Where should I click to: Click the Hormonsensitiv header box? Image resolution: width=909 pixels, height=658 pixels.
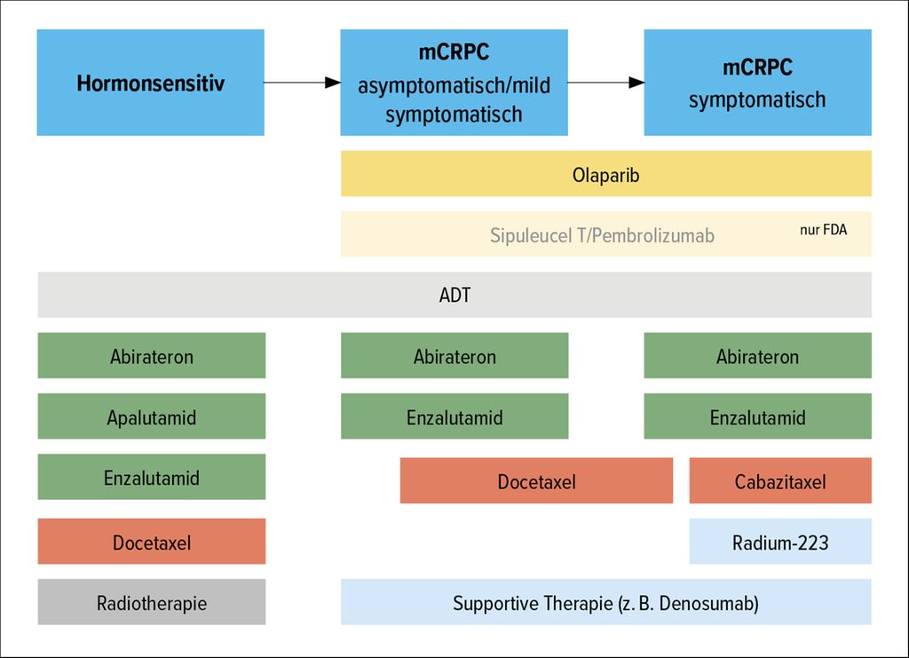coord(151,83)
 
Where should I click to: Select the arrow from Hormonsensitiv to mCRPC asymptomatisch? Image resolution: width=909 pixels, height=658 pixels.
coord(302,83)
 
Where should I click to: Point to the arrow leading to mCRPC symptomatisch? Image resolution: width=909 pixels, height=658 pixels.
coord(605,83)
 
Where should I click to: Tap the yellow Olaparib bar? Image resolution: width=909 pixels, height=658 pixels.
coord(605,174)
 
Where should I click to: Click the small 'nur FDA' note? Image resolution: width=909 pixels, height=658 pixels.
coord(823,230)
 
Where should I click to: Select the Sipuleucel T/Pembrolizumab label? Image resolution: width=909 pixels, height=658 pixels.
coord(602,235)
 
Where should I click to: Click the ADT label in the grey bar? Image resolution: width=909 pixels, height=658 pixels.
coord(455,295)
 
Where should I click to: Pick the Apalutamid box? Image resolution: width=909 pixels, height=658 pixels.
coord(152,416)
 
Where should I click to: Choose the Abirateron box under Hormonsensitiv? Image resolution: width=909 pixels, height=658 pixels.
coord(152,355)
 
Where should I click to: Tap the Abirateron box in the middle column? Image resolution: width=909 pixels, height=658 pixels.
coord(454,355)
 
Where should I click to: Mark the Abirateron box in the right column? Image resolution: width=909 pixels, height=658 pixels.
coord(758,355)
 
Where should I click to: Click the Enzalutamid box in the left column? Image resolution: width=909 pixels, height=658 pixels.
coord(152,477)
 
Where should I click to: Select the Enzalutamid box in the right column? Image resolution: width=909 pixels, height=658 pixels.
coord(758,416)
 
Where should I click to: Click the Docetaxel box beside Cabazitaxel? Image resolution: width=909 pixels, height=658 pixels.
coord(537,480)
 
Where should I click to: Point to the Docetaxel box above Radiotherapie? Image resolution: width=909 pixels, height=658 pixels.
coord(152,542)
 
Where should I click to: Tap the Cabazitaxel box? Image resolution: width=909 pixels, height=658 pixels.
coord(780,480)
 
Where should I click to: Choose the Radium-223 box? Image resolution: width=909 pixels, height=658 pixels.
coord(780,542)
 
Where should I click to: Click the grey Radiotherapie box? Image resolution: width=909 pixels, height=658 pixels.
coord(152,602)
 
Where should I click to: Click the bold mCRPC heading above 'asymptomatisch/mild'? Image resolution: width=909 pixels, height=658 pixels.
coord(454,52)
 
